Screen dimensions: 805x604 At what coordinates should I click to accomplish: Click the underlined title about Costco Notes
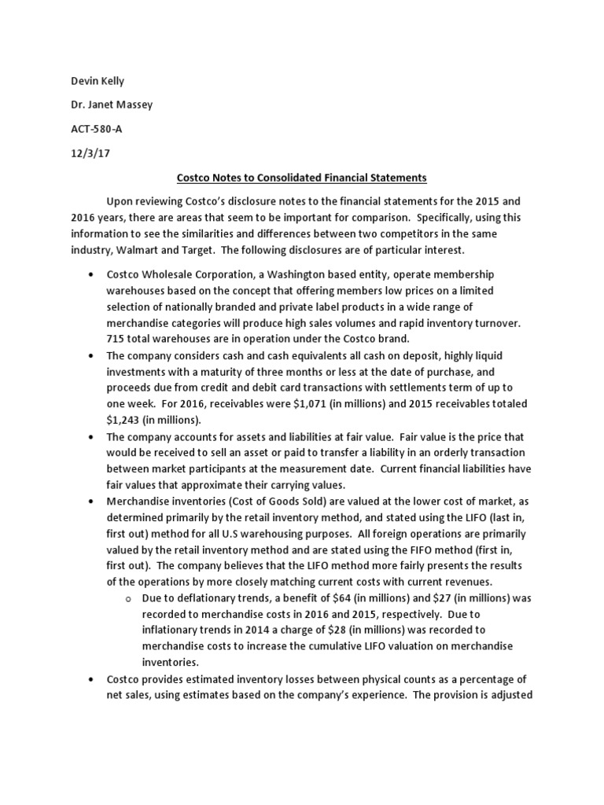[x=301, y=179]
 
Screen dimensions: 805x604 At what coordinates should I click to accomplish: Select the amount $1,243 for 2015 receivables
[x=124, y=418]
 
